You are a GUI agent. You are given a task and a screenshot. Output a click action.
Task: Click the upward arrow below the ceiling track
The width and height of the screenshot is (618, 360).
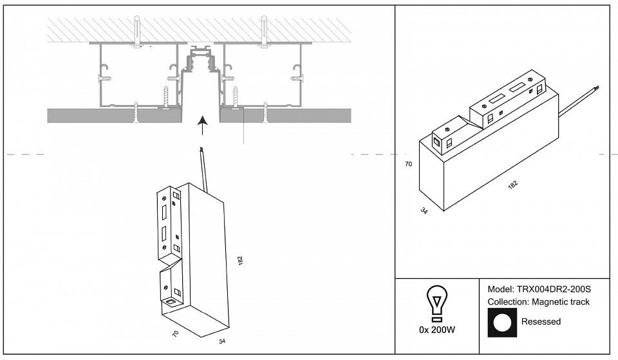coord(203,126)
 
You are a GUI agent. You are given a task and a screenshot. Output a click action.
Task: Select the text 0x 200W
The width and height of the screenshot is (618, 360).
coord(437,330)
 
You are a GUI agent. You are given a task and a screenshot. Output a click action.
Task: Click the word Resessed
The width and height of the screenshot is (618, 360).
coord(540,321)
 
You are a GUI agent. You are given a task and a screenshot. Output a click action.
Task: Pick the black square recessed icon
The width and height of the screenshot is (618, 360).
coord(503,322)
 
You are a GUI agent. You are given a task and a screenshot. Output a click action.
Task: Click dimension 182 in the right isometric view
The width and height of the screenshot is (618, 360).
coord(512,184)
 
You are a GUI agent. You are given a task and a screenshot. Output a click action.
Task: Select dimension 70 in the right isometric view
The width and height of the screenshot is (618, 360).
coord(407,164)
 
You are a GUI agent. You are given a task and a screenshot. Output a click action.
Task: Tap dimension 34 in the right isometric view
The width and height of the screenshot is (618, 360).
coord(424,211)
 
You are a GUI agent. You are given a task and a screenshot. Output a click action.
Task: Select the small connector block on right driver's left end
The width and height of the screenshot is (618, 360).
coord(445,138)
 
